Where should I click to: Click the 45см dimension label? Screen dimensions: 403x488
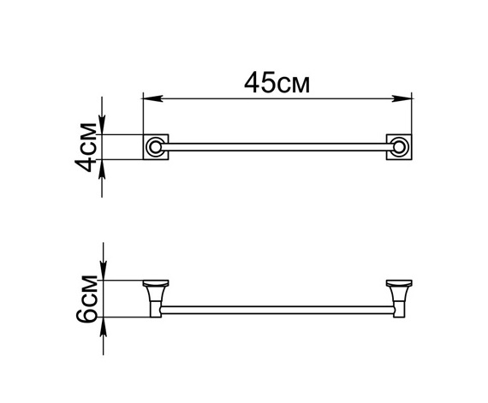pyautogui.click(x=276, y=83)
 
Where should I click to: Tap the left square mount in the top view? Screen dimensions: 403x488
pyautogui.click(x=155, y=147)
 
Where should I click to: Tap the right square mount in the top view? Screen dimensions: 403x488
pyautogui.click(x=400, y=147)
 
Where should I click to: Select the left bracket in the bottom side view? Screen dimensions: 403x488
pyautogui.click(x=155, y=297)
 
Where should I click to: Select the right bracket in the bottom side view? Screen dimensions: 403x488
pyautogui.click(x=400, y=297)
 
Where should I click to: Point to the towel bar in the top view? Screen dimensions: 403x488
pyautogui.click(x=277, y=147)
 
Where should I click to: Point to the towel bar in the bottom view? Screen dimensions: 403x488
pyautogui.click(x=277, y=307)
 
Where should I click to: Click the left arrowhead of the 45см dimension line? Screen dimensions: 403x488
pyautogui.click(x=147, y=100)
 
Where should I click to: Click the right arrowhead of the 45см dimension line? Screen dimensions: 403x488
pyautogui.click(x=408, y=100)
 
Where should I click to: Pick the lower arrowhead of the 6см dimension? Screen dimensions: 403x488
pyautogui.click(x=103, y=324)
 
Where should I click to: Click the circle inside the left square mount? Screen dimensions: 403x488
pyautogui.click(x=155, y=148)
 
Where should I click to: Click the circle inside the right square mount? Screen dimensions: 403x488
pyautogui.click(x=400, y=148)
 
